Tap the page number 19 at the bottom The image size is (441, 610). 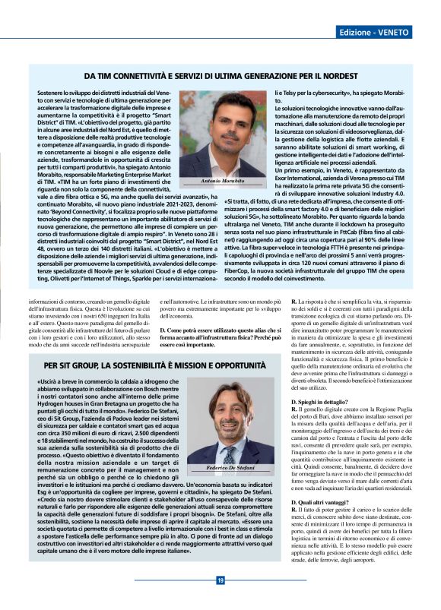(220, 580)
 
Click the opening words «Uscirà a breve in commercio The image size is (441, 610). (84, 383)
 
